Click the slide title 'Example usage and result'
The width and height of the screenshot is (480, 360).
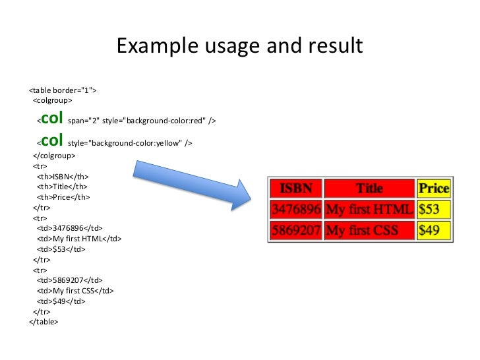tap(239, 46)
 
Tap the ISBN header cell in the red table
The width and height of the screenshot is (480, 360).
tap(296, 188)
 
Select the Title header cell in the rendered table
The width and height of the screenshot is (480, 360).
tap(369, 188)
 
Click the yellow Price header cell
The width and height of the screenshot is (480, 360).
tap(433, 188)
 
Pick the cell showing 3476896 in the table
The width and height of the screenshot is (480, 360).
tap(296, 210)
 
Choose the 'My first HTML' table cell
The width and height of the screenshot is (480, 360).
tap(369, 210)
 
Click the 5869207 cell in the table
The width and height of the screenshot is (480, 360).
tap(296, 231)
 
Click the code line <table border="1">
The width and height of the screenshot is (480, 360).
tap(63, 90)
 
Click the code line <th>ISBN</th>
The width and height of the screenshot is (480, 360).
tap(63, 177)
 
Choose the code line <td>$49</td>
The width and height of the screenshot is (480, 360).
tap(61, 301)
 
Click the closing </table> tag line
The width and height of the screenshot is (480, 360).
tap(44, 322)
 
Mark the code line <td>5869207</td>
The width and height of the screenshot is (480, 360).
tap(69, 280)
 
